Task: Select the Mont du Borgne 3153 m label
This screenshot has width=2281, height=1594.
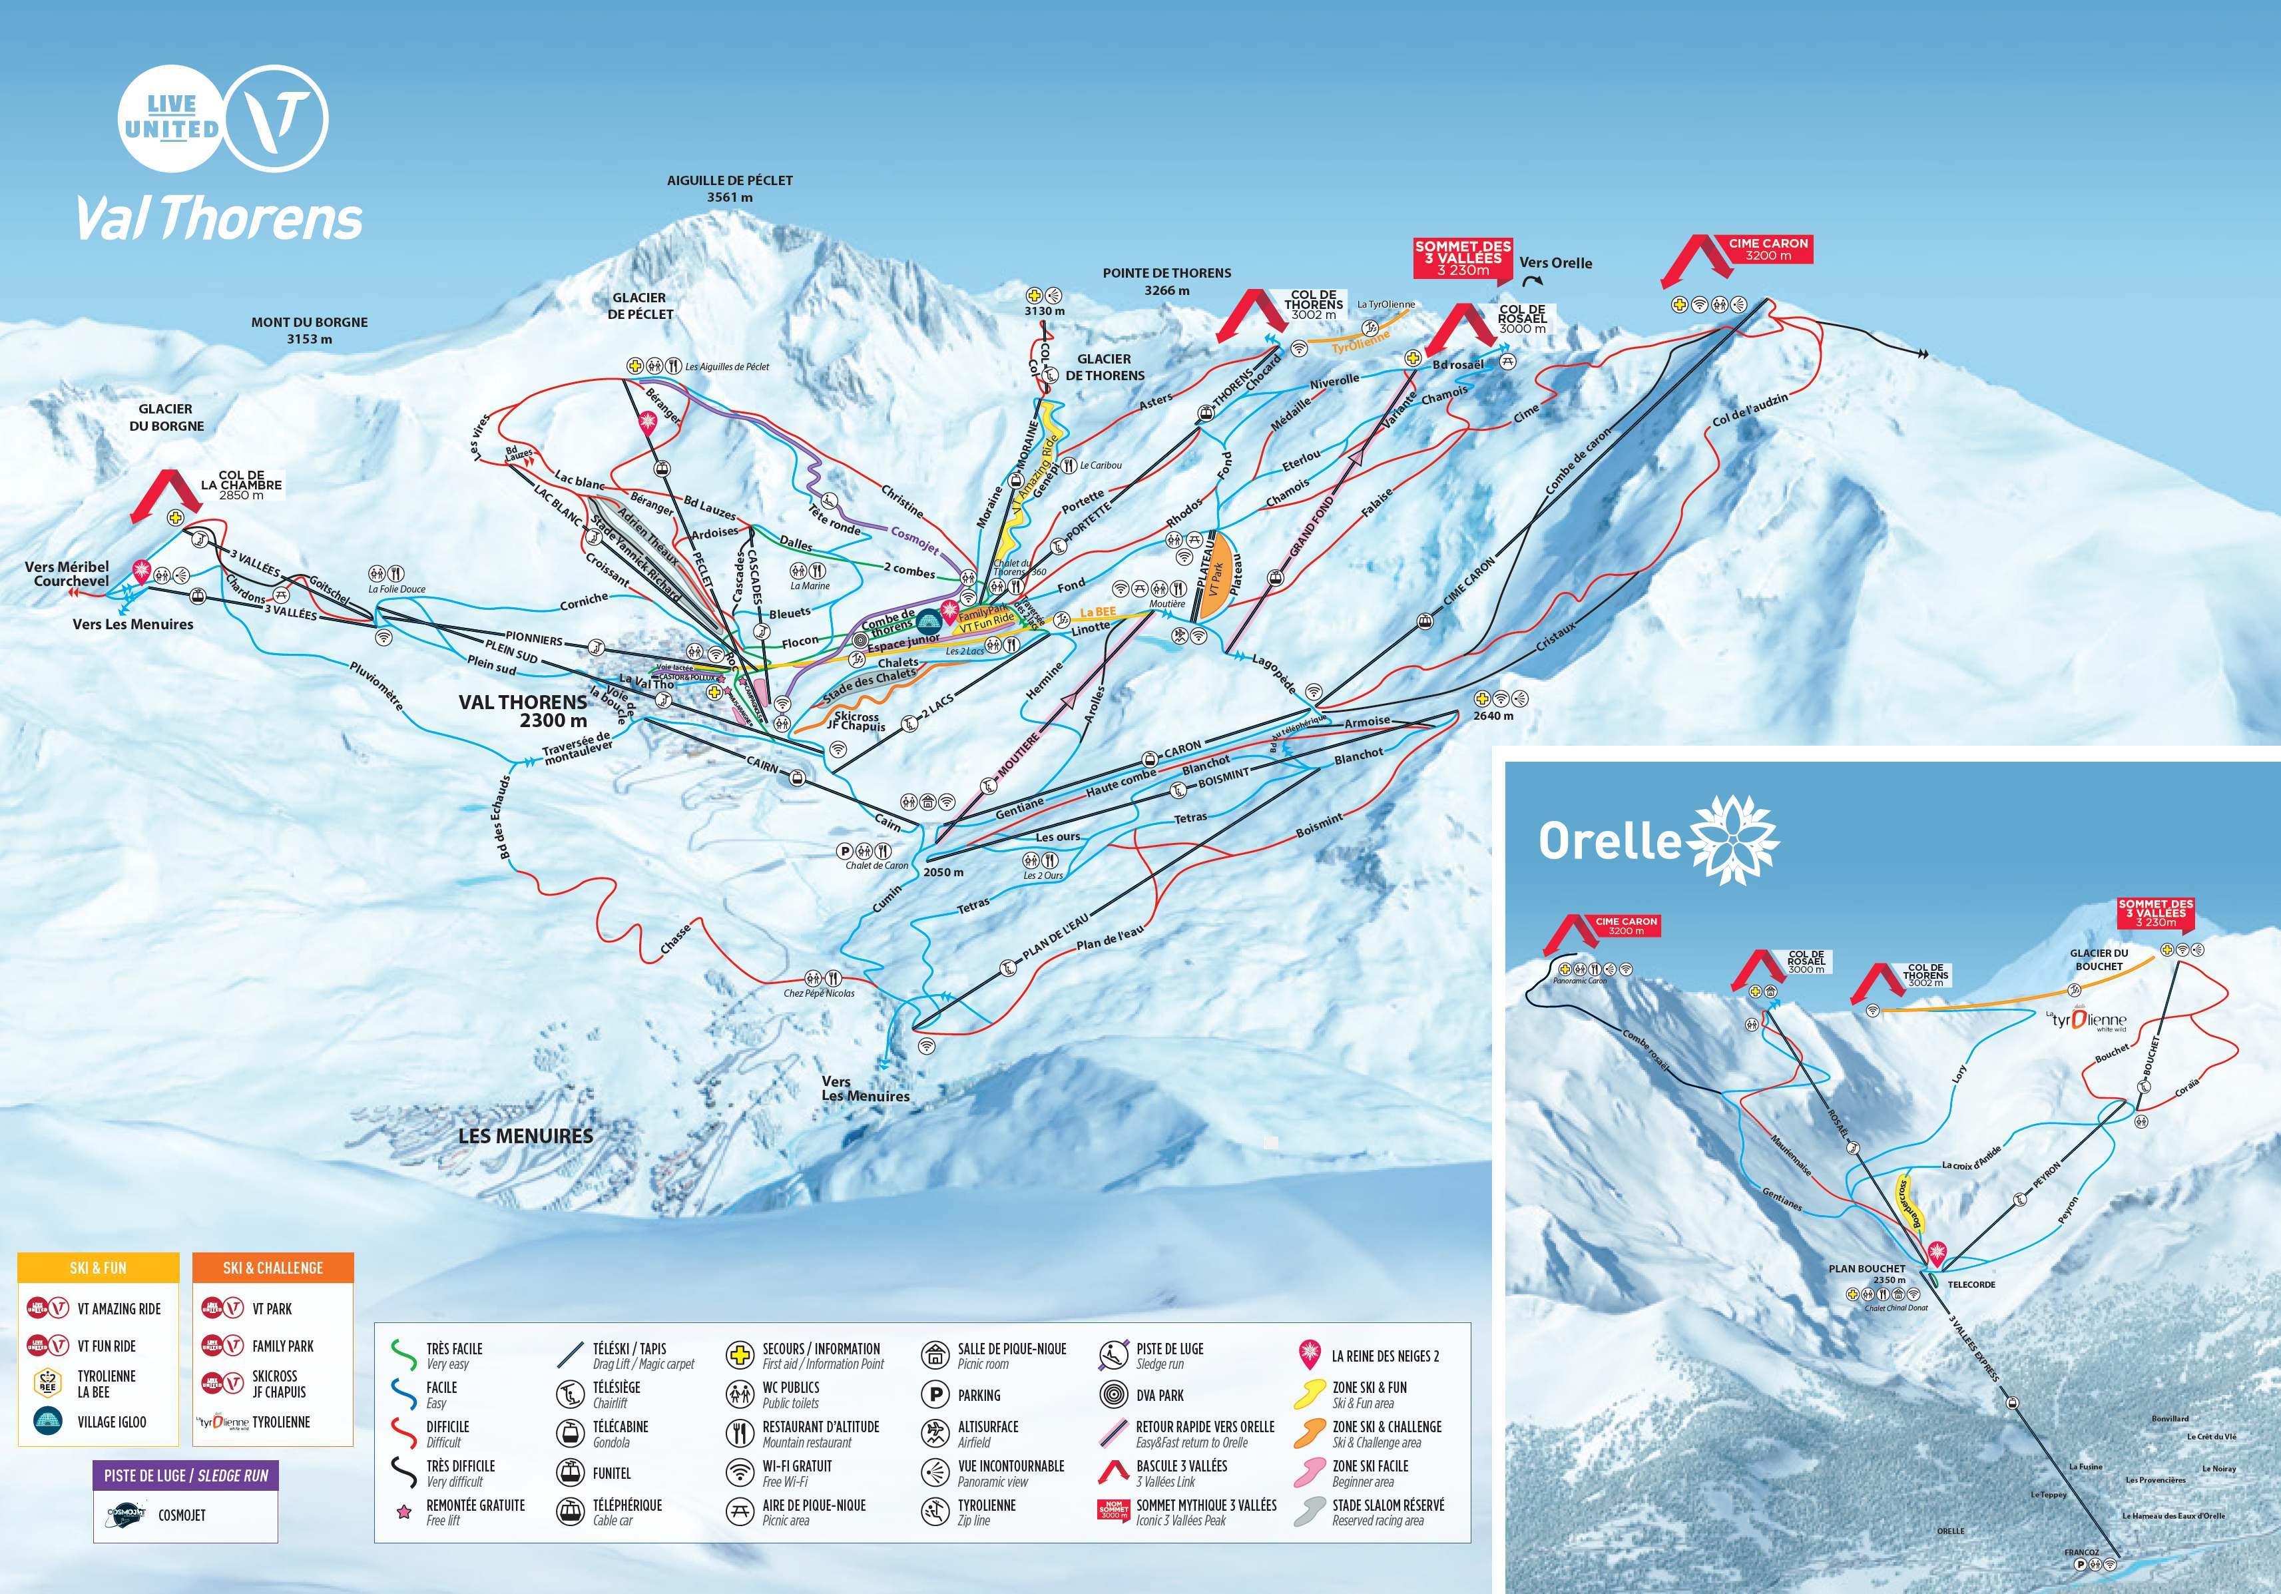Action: point(309,330)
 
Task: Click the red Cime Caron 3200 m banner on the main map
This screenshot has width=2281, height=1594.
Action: point(1768,248)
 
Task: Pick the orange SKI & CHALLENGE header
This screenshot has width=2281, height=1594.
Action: point(272,1267)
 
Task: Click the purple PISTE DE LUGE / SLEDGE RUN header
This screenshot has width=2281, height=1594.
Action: point(186,1475)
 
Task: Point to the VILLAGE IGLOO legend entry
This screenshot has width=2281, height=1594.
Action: point(111,1422)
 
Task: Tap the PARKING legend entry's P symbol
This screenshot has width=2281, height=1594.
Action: point(935,1395)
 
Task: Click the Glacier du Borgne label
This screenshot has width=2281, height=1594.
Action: point(165,417)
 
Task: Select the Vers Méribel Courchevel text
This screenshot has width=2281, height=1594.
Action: point(67,573)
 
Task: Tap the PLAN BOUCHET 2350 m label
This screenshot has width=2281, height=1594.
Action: point(1867,1274)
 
